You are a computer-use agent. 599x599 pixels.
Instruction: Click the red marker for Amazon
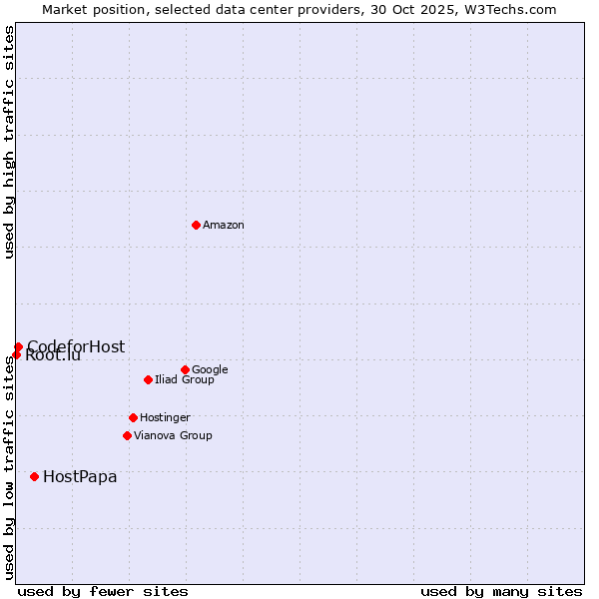click(196, 225)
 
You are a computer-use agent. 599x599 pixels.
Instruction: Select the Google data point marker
click(185, 369)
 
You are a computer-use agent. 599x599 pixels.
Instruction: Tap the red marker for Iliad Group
click(148, 379)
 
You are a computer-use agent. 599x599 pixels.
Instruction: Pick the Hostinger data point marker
click(133, 417)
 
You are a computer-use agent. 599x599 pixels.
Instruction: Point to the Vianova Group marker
click(127, 435)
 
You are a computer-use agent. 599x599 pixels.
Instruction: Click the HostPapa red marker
click(34, 476)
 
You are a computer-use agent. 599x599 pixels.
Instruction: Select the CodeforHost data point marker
click(18, 346)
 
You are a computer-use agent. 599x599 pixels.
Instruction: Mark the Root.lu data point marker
click(16, 354)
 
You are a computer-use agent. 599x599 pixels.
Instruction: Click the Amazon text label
click(224, 226)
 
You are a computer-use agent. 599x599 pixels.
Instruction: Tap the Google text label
click(210, 370)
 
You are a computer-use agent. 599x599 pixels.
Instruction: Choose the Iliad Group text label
click(185, 380)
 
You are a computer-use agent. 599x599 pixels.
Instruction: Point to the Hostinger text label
click(165, 418)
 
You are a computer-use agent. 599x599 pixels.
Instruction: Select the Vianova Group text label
click(173, 436)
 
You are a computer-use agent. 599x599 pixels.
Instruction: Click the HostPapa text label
click(80, 477)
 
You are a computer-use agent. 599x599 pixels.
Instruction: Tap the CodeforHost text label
click(76, 346)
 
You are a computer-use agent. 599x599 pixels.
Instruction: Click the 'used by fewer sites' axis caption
click(103, 591)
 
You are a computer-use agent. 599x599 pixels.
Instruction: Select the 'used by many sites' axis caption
click(501, 591)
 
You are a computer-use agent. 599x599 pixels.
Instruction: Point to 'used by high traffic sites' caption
click(9, 142)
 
